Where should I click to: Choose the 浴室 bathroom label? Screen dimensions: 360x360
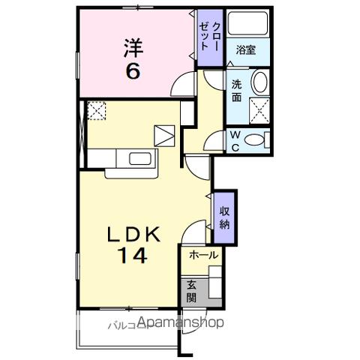click(245, 50)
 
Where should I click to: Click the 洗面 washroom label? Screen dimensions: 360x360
click(237, 89)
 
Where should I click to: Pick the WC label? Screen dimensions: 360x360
click(235, 140)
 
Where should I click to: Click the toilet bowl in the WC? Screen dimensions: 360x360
click(256, 139)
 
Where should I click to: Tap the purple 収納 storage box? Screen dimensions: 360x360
click(223, 217)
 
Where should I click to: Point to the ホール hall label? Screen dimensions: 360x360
click(202, 255)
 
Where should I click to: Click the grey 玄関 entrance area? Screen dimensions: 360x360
click(190, 289)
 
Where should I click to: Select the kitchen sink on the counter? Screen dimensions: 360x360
click(140, 158)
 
